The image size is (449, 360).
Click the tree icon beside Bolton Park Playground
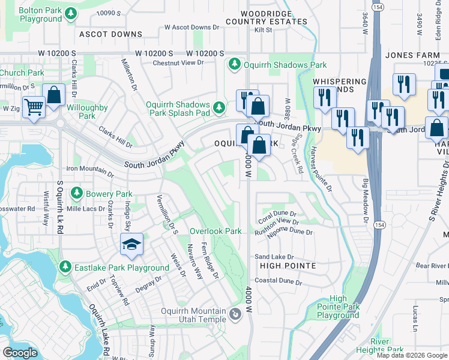(x=71, y=13)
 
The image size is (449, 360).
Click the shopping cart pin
(x=34, y=107)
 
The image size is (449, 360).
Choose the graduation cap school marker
(x=131, y=243)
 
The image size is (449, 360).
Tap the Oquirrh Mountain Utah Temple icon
(x=235, y=312)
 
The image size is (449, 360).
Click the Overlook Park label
(x=215, y=231)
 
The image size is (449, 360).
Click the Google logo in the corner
(x=20, y=352)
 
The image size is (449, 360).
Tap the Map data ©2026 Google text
(x=412, y=355)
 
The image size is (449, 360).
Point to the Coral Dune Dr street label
(x=277, y=214)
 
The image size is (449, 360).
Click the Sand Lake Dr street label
(x=274, y=256)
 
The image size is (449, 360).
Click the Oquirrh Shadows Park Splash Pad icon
(x=220, y=108)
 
